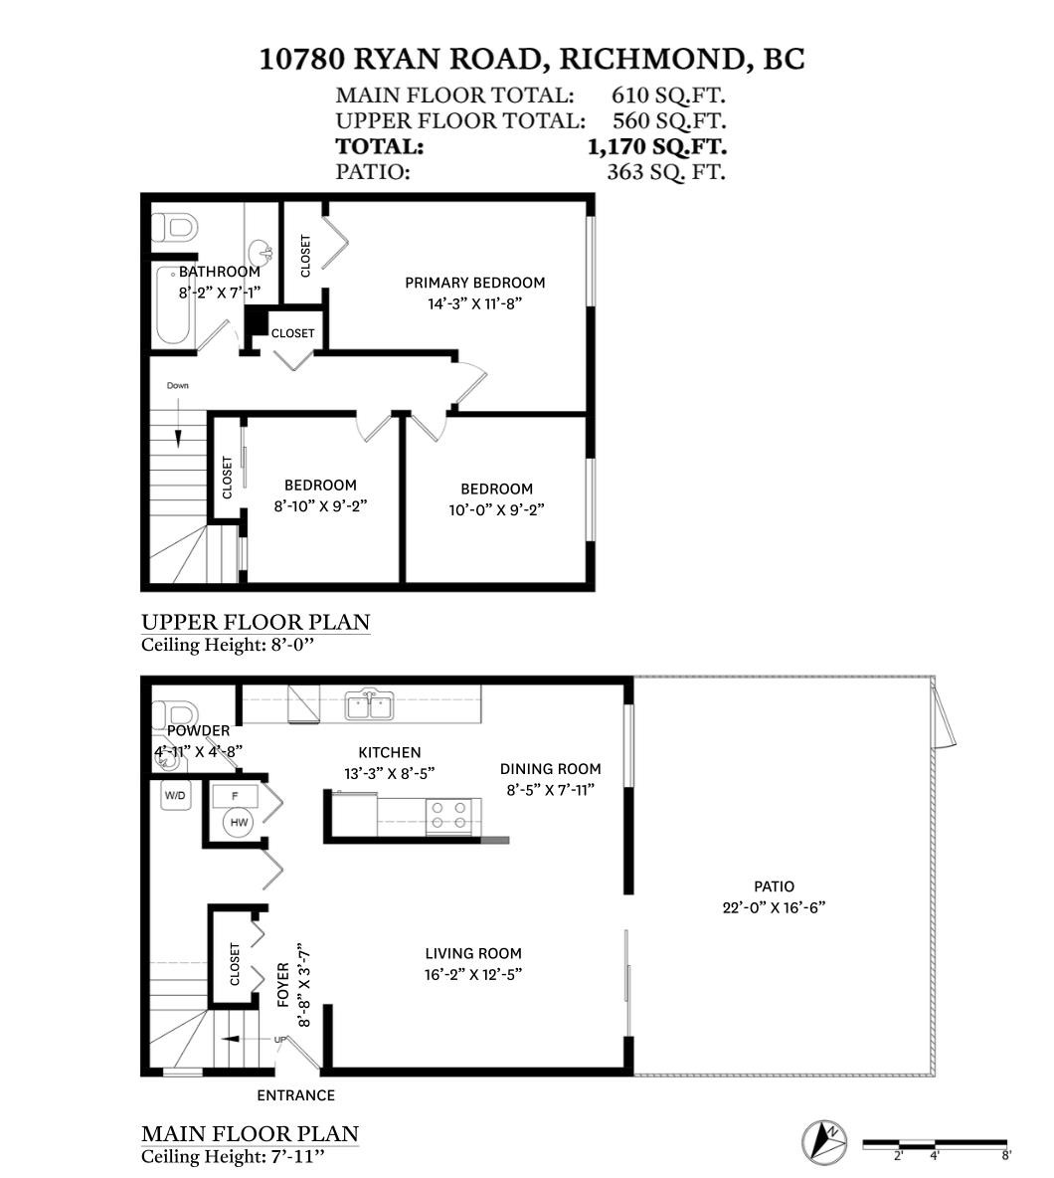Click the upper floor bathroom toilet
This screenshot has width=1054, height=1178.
tap(173, 228)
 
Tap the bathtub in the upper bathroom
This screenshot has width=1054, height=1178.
tap(175, 305)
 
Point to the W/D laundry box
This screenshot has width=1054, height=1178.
tap(175, 795)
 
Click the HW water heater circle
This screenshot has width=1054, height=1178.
tap(239, 822)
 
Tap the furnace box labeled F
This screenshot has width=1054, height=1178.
tap(236, 796)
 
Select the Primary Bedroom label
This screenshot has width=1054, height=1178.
tap(474, 283)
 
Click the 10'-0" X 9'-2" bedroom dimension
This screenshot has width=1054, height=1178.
tap(496, 509)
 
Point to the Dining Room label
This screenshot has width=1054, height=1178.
tap(550, 768)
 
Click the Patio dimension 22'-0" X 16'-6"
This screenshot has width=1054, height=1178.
tap(774, 907)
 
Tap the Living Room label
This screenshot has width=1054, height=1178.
tap(473, 953)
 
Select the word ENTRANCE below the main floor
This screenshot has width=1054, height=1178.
tap(295, 1095)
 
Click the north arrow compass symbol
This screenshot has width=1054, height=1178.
tap(824, 1140)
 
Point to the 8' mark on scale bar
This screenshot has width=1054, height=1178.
tap(1006, 1155)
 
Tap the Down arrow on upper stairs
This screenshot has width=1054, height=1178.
tap(179, 428)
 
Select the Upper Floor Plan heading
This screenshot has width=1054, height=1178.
tap(256, 622)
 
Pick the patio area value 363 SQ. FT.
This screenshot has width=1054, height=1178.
tap(665, 171)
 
